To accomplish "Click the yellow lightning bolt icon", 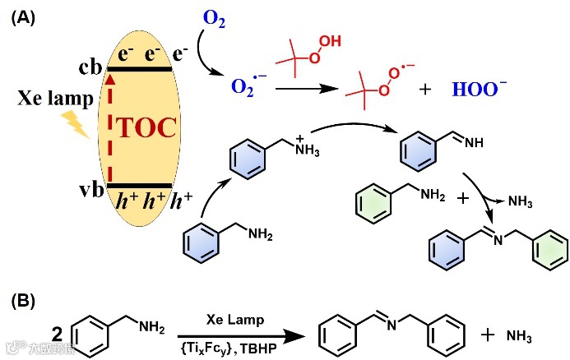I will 75,126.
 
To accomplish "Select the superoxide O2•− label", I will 243,85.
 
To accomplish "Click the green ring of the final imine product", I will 546,247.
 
